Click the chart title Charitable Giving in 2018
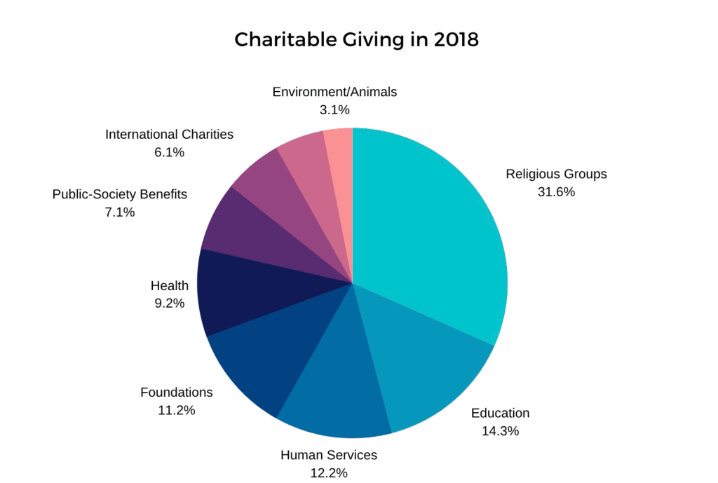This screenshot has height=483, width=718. point(357,40)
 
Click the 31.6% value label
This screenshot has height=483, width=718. point(556,192)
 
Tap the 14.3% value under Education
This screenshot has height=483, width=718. point(500,431)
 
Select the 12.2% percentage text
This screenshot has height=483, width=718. point(329,472)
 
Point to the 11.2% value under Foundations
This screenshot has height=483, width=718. point(177,410)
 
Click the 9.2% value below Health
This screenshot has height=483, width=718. point(170,304)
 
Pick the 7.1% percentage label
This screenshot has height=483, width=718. point(120,212)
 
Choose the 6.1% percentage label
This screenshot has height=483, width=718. point(169,151)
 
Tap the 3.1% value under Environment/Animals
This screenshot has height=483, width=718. point(334,109)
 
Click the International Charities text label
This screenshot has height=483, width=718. point(169,134)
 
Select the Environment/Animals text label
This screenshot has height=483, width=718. point(334,92)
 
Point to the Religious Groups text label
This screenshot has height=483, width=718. point(556,174)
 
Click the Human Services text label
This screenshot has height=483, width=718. point(329,455)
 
